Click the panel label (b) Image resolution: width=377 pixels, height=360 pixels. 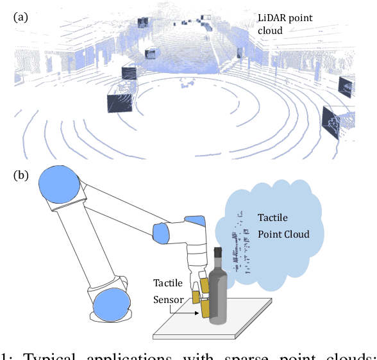pyautogui.click(x=22, y=175)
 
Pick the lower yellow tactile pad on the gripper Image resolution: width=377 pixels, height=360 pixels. pyautogui.click(x=205, y=309)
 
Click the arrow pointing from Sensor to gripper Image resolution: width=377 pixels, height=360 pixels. pyautogui.click(x=187, y=309)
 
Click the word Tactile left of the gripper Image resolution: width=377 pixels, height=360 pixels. pyautogui.click(x=167, y=282)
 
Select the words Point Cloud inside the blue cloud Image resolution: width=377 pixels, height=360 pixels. pyautogui.click(x=283, y=234)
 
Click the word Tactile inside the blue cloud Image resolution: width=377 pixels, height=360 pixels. pyautogui.click(x=273, y=217)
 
